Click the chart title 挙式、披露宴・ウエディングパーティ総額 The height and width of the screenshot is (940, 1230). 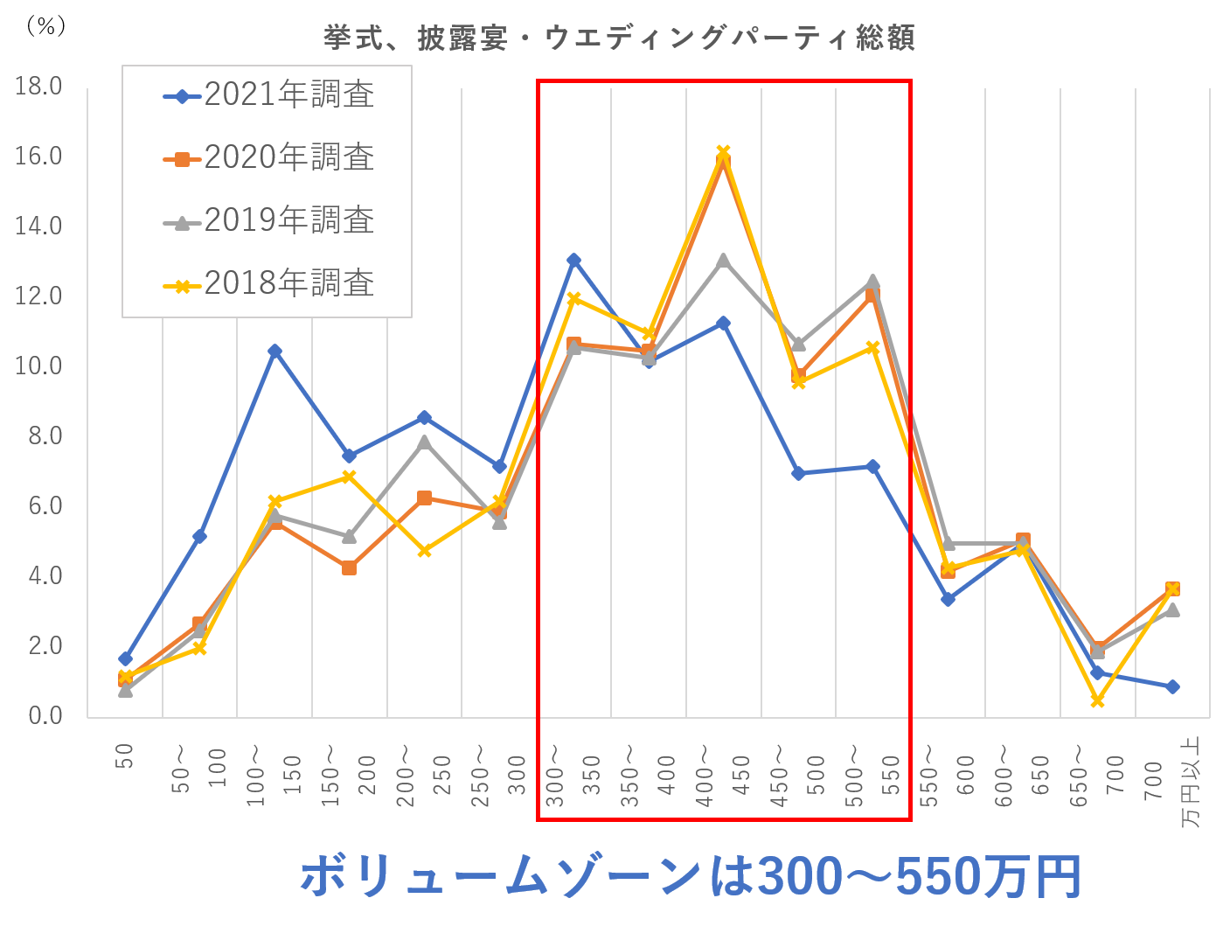click(619, 38)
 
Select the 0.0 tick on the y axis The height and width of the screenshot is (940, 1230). click(45, 715)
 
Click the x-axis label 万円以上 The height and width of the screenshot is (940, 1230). click(1191, 783)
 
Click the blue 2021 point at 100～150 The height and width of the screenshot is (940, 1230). click(274, 351)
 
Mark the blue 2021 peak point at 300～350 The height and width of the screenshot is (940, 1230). click(573, 260)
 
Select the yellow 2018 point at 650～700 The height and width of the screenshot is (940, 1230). click(1097, 701)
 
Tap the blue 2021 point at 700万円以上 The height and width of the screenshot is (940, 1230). click(1172, 686)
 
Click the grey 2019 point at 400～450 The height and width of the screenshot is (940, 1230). click(723, 261)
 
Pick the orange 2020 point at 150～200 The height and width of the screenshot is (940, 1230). click(350, 567)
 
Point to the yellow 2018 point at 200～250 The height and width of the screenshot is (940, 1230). click(424, 551)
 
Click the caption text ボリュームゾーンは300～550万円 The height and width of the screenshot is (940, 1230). click(691, 877)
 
